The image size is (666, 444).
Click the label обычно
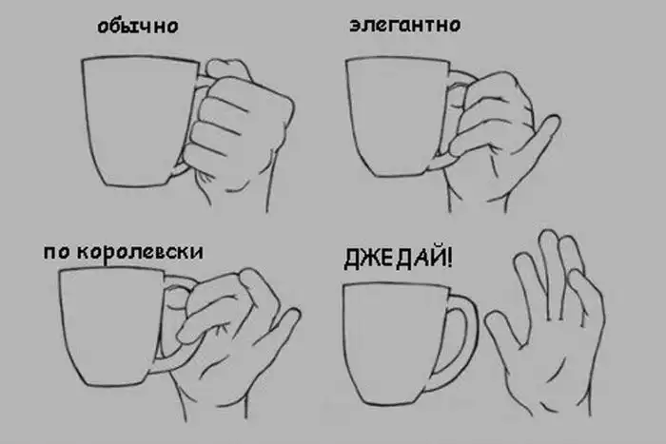138,27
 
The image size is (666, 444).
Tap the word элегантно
404,25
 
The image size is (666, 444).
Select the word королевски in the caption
140,252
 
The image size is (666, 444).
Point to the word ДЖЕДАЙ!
398,258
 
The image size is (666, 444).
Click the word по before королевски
57,253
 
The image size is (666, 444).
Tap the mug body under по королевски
111,326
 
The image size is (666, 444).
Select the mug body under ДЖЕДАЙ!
395,344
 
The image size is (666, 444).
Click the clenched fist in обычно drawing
238,123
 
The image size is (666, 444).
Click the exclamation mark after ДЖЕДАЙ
449,258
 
